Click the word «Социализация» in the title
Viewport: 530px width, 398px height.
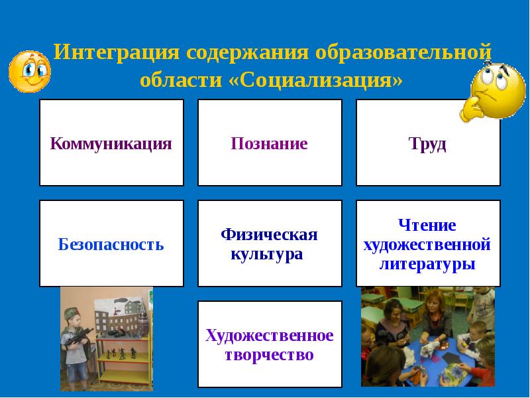(315, 80)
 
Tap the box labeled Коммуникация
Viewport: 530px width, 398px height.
(111, 143)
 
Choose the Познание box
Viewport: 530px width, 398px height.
(270, 143)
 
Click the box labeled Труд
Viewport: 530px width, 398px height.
(428, 143)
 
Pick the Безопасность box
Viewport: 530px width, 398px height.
(111, 243)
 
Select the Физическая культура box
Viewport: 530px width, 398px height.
(270, 243)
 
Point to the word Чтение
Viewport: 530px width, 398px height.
(427, 225)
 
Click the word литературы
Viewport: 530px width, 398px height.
(427, 263)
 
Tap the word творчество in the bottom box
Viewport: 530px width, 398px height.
(270, 355)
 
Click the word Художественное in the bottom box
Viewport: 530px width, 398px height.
(270, 336)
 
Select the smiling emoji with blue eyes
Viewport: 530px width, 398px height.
(29, 71)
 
